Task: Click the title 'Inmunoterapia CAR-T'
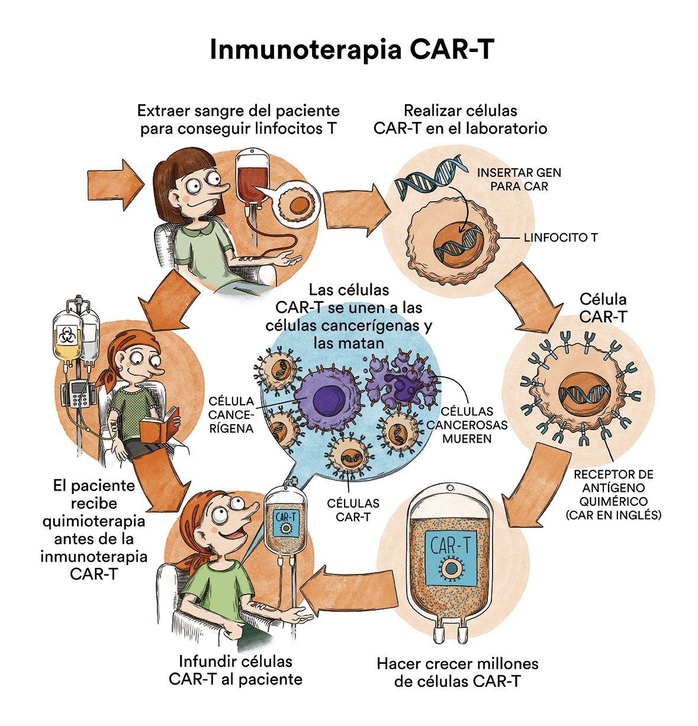[352, 49]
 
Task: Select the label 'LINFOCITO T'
[561, 237]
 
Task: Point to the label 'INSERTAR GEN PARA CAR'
[519, 179]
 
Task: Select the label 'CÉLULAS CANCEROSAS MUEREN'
[467, 425]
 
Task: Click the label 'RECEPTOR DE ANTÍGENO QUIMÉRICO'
[613, 488]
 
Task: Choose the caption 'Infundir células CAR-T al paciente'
[236, 670]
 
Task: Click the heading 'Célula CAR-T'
[603, 308]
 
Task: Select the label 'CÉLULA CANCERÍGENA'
[231, 415]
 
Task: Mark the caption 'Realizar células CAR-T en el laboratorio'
[460, 120]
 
